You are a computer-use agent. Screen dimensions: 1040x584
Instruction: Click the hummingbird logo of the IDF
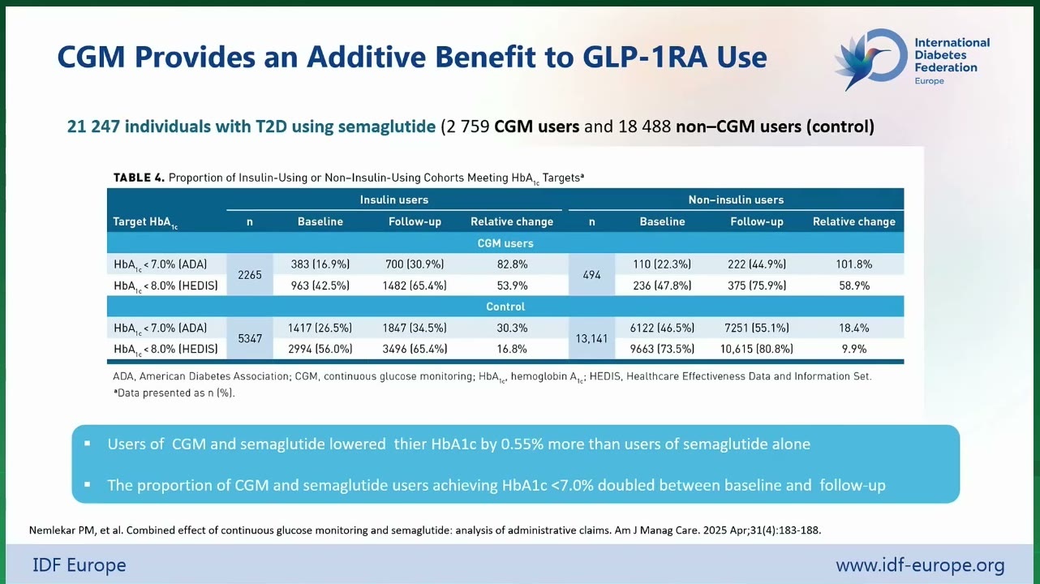click(x=871, y=59)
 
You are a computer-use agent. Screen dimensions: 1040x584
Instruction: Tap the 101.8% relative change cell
click(x=853, y=264)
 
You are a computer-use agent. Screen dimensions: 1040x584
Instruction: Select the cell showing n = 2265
click(x=250, y=275)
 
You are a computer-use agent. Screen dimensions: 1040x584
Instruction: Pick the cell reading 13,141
click(x=591, y=338)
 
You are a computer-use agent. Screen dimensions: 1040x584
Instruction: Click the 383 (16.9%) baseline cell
click(x=320, y=264)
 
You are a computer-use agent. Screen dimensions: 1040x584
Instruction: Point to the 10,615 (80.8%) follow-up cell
click(x=757, y=349)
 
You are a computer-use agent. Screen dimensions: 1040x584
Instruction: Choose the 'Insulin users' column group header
click(x=394, y=200)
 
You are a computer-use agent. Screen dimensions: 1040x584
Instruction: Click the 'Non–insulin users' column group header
click(x=736, y=200)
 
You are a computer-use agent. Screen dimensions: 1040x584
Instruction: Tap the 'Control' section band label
click(x=505, y=307)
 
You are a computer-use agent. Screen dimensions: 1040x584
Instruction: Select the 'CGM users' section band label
click(x=505, y=243)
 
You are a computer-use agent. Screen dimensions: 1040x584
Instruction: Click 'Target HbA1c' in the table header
click(x=145, y=222)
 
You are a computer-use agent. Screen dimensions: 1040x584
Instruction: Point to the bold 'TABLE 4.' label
click(x=139, y=178)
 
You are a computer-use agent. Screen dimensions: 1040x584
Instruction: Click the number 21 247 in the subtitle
click(x=93, y=127)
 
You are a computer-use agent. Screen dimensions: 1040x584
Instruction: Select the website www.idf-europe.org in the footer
click(x=920, y=565)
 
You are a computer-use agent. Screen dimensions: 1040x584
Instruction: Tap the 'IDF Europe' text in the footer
click(x=80, y=565)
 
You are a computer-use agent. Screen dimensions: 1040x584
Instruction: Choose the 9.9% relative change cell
click(x=853, y=349)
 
